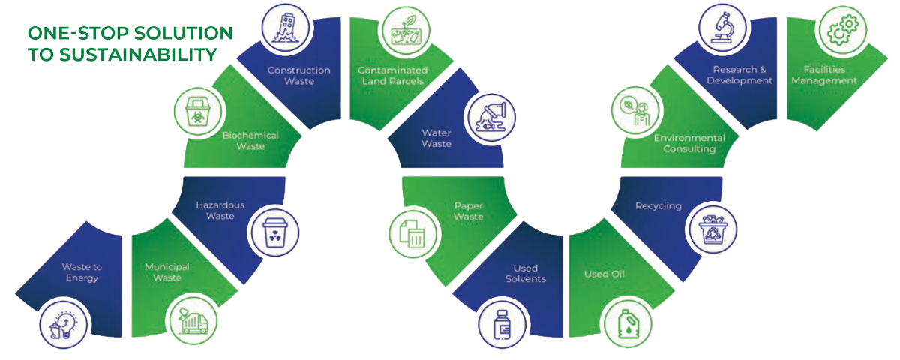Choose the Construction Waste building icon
point(285,28)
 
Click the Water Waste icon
point(491,120)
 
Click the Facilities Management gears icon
point(840,31)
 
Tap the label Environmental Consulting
point(689,143)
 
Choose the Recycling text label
point(658,205)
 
